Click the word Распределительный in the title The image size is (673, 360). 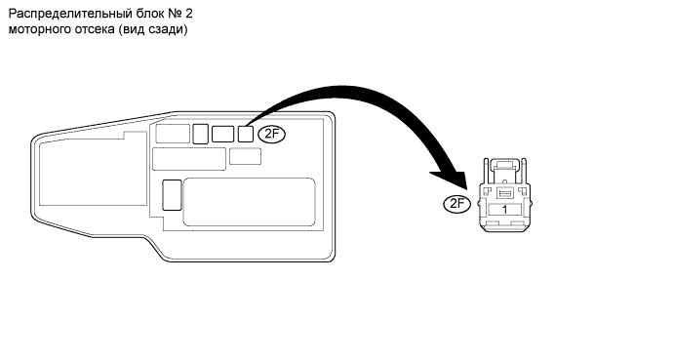point(70,15)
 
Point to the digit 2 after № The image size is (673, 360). point(189,14)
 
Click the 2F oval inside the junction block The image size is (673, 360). point(272,135)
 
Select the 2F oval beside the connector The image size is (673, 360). point(457,203)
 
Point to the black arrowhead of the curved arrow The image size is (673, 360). point(452,179)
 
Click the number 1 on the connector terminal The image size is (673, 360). point(505,210)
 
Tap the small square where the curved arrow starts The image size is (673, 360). point(246,134)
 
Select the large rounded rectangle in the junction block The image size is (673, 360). point(249,202)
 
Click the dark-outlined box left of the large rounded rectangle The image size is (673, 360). point(172,195)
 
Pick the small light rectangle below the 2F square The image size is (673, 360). point(245,156)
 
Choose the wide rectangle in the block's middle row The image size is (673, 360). point(189,159)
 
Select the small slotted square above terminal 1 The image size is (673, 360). point(505,193)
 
